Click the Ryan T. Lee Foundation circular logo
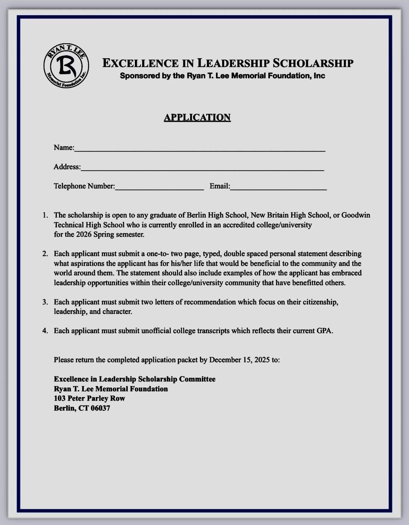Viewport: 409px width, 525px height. click(66, 66)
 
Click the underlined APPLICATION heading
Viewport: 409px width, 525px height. click(197, 117)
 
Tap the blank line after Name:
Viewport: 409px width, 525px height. click(200, 149)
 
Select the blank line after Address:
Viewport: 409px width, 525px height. click(202, 168)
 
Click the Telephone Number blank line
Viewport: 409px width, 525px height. click(159, 187)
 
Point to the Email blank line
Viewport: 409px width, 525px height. click(278, 187)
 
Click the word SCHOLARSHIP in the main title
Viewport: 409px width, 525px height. click(313, 63)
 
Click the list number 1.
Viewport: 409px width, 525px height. click(45, 215)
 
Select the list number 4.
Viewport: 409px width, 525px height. click(45, 330)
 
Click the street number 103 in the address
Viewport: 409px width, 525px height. click(60, 398)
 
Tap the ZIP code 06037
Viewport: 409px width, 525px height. click(100, 408)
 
